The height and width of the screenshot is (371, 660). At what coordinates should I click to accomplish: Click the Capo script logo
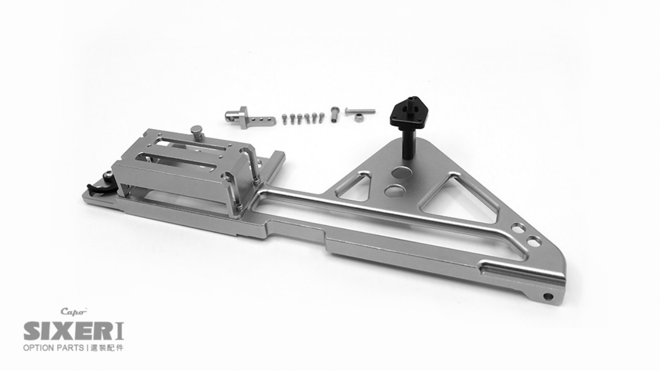point(74,311)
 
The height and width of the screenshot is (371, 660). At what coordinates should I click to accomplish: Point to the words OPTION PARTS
point(53,348)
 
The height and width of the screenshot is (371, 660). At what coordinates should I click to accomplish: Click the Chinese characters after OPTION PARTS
point(107,348)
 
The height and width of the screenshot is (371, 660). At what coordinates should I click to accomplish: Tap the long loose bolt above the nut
point(360,111)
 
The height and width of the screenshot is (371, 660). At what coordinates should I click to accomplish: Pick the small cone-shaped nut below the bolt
point(359,118)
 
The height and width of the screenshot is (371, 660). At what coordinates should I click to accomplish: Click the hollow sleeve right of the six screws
point(335,114)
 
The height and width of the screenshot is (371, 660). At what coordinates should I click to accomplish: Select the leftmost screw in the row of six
point(284,119)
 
